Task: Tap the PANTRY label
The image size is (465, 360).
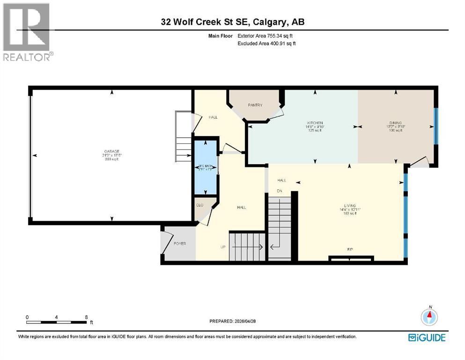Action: pos(255,105)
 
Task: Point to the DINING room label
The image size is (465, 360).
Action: pos(396,123)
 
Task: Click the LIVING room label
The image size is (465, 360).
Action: pos(350,206)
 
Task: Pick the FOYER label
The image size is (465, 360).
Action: pos(180,244)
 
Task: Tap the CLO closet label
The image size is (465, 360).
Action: pos(200,205)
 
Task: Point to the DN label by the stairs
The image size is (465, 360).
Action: pos(280,191)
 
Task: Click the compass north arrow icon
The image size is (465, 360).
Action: pos(428,317)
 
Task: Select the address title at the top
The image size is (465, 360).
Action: pos(232,22)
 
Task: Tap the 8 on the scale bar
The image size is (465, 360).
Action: pos(86,317)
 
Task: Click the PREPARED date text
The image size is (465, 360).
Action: pos(233,321)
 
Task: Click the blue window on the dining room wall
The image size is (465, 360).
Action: pos(435,127)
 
